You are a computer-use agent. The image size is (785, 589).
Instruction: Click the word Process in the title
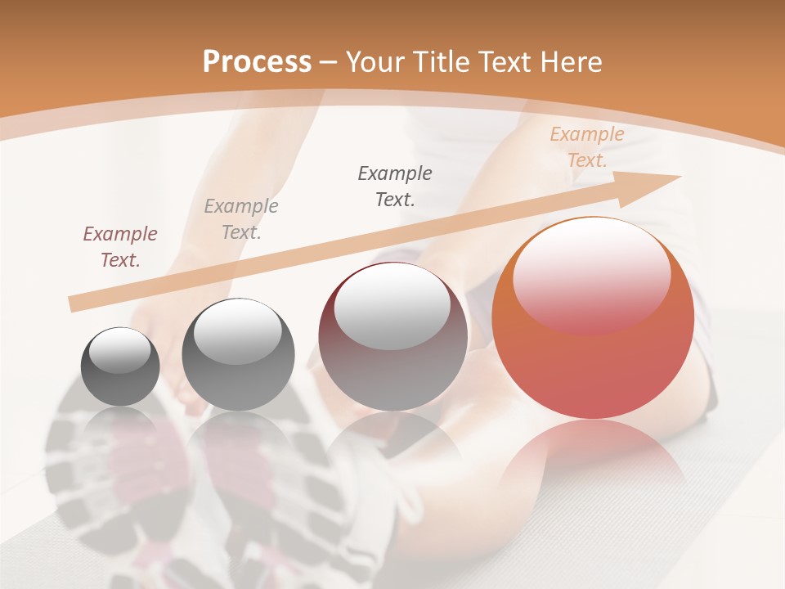point(257,61)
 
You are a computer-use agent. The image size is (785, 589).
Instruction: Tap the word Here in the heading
point(572,61)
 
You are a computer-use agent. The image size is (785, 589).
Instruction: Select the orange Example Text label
point(586,147)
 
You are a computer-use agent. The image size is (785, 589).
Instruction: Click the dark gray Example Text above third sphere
point(395,186)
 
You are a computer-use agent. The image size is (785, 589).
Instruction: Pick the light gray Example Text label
point(241,218)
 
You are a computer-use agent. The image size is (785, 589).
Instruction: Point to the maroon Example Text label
point(120,246)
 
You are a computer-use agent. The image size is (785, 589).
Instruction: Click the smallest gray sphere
point(120,366)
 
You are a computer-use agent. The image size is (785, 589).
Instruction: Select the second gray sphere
point(238,354)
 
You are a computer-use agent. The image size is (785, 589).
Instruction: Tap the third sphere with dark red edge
point(392,337)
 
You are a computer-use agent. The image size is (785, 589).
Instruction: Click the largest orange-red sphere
point(593,319)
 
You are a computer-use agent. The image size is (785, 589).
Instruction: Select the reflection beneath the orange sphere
point(593,458)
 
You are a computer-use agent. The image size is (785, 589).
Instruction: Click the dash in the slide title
point(329,63)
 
